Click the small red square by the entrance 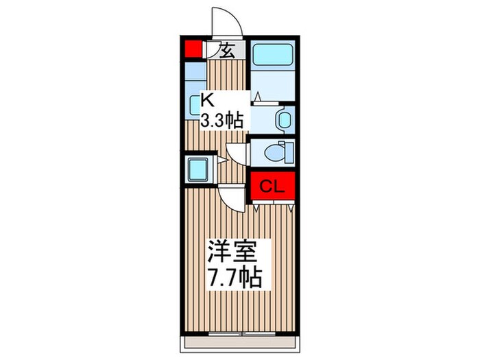[x=193, y=49]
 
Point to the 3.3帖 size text [x=221, y=121]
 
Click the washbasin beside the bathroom [x=283, y=119]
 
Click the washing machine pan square [x=200, y=167]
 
